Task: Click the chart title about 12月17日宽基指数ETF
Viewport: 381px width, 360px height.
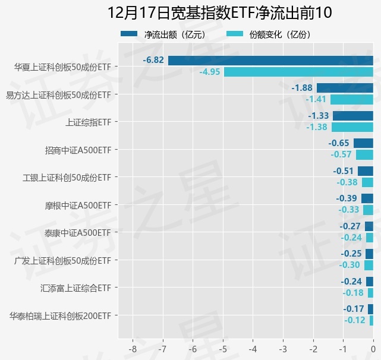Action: [x=219, y=13]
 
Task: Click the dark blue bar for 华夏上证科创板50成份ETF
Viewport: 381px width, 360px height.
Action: [x=270, y=61]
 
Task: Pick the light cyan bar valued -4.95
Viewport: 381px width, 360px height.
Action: [x=298, y=72]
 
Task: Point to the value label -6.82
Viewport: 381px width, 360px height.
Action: [x=153, y=61]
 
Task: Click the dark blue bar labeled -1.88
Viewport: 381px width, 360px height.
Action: [x=345, y=88]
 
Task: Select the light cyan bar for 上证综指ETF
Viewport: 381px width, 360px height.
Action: [x=352, y=127]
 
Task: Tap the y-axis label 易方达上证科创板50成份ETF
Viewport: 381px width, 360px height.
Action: [x=58, y=94]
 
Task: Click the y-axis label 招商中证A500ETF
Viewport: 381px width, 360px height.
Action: [x=78, y=150]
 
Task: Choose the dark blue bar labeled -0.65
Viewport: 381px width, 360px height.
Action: [x=363, y=143]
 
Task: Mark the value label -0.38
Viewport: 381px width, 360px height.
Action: [x=347, y=182]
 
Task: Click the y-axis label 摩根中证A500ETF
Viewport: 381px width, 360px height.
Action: [x=78, y=205]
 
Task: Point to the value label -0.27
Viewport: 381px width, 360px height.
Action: [x=350, y=226]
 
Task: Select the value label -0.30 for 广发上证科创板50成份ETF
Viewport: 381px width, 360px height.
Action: [x=349, y=265]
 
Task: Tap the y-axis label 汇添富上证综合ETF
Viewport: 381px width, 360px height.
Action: [x=76, y=288]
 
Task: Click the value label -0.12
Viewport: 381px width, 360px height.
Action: [x=355, y=320]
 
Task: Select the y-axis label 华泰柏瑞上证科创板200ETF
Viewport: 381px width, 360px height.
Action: [x=61, y=315]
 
